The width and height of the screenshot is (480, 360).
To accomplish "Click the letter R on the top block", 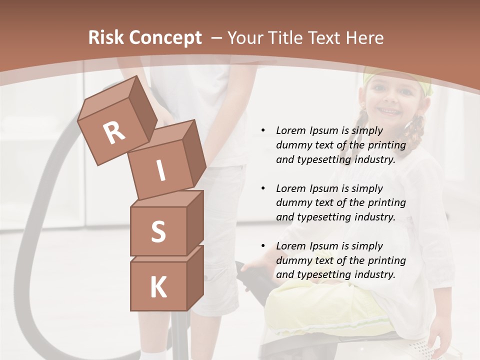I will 114,133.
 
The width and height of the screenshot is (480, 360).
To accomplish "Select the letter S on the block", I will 158,232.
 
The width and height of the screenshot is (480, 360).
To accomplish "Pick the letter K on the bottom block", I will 158,287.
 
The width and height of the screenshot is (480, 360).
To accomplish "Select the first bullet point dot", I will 263,130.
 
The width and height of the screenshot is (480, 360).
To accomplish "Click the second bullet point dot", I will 263,188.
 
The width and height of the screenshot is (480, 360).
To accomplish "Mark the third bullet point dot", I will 263,246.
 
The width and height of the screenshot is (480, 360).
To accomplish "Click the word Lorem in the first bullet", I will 290,130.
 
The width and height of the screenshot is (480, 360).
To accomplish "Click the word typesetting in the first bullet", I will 323,160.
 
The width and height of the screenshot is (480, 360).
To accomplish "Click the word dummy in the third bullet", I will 294,260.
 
